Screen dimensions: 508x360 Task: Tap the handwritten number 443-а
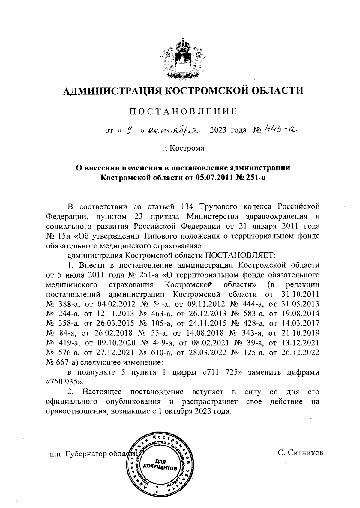[x=280, y=129]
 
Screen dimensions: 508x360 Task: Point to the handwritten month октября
[x=174, y=130]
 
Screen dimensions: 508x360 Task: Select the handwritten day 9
[x=130, y=130]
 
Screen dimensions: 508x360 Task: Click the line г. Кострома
[x=183, y=148]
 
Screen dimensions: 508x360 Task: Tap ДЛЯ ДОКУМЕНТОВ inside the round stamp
[x=159, y=465]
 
